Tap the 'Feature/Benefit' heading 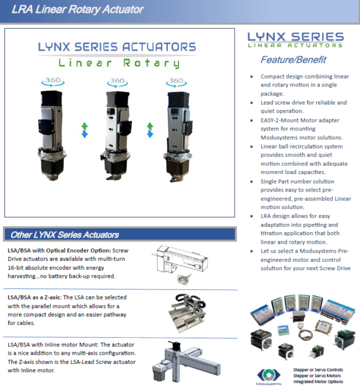[x=293, y=59]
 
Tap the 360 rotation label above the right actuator [x=175, y=81]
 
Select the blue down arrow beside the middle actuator [x=149, y=134]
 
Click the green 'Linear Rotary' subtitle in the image [x=118, y=63]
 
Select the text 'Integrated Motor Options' [x=318, y=382]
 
